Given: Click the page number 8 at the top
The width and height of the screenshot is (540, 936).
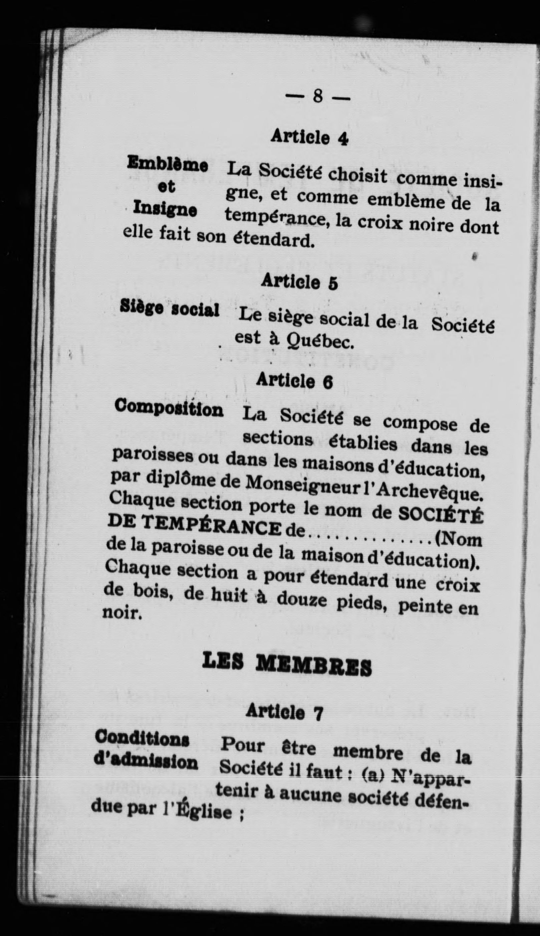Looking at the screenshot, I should pyautogui.click(x=317, y=97).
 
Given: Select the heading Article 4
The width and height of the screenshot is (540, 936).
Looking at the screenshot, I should pyautogui.click(x=309, y=137).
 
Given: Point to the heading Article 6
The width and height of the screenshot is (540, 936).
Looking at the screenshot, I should pyautogui.click(x=294, y=381).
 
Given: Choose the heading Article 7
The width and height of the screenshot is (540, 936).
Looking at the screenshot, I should pyautogui.click(x=284, y=712).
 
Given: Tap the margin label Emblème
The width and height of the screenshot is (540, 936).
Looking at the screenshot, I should pyautogui.click(x=167, y=164).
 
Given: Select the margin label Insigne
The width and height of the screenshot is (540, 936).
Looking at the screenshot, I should pyautogui.click(x=165, y=208).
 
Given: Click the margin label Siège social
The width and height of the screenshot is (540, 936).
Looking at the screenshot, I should pyautogui.click(x=170, y=309).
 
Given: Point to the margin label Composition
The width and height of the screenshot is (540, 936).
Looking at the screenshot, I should pyautogui.click(x=169, y=409).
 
